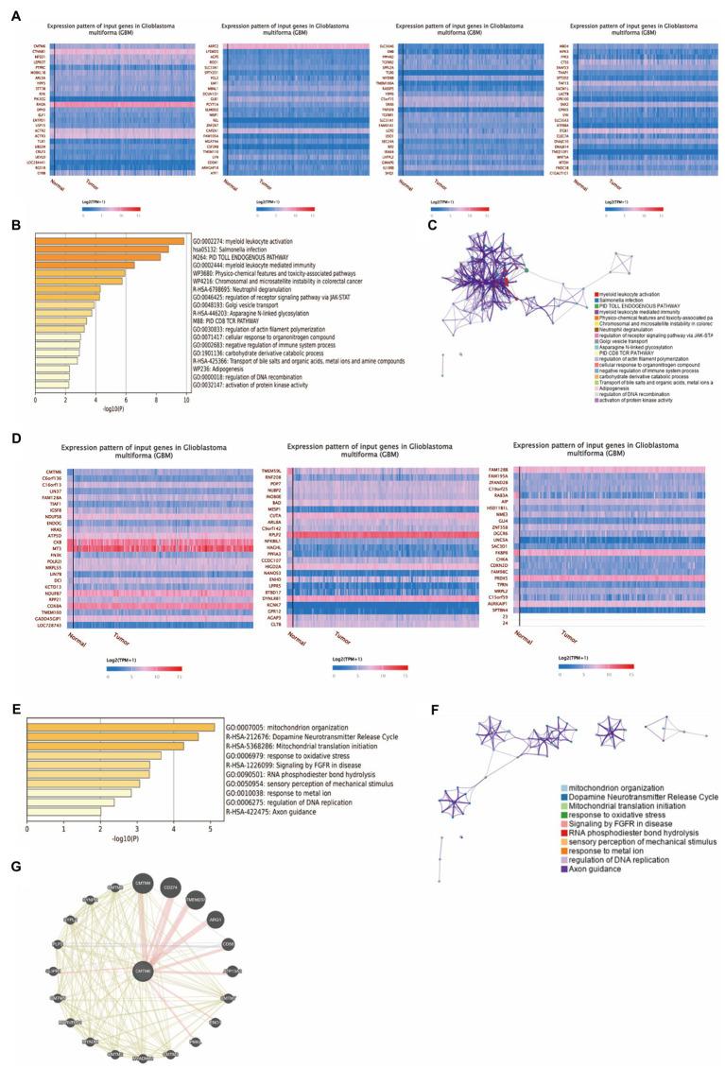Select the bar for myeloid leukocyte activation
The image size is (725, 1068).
(109, 241)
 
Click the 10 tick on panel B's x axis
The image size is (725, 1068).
(185, 400)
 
